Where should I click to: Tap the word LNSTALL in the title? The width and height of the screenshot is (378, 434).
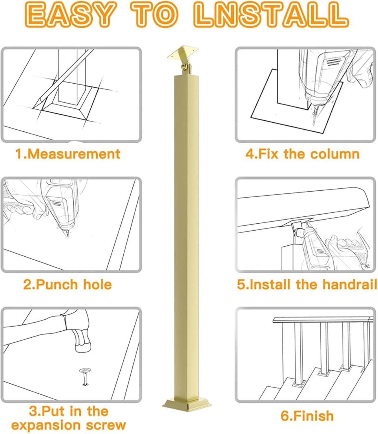(271, 14)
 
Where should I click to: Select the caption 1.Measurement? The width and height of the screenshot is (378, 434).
(67, 154)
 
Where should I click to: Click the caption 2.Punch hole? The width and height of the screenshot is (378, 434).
(67, 284)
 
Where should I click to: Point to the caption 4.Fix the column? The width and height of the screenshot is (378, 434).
(302, 154)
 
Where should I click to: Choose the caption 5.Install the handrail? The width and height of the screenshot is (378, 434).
(307, 284)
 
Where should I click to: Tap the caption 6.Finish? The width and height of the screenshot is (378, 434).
(307, 416)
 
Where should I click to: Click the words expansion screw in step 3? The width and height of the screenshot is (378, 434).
(69, 425)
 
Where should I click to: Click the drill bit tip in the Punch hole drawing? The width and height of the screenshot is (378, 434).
(68, 236)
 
